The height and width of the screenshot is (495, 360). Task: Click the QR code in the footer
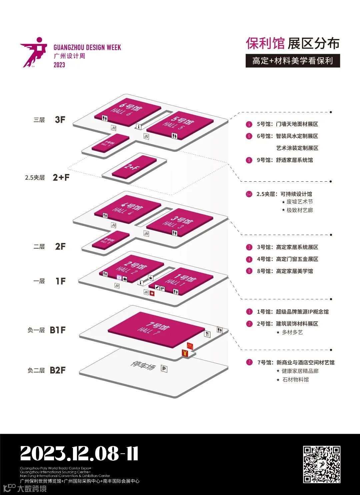tap(321, 464)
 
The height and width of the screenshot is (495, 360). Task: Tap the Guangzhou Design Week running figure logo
tap(33, 52)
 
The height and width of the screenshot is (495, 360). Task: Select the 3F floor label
tap(60, 120)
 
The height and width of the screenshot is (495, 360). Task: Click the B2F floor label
tap(58, 370)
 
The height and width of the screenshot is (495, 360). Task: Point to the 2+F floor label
tap(61, 177)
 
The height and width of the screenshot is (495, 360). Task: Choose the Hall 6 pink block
tap(127, 111)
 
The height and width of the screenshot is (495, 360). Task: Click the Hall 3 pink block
tap(180, 222)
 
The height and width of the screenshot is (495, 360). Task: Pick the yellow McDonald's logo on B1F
tap(190, 346)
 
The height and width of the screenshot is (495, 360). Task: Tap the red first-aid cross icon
tap(152, 293)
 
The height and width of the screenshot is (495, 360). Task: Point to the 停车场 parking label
tap(143, 366)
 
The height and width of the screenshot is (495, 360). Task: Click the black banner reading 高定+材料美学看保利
tap(293, 61)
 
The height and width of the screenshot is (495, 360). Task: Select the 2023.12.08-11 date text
tap(79, 454)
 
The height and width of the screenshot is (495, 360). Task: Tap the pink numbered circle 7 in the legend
tap(249, 362)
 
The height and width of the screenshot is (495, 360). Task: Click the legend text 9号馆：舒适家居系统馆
tap(285, 160)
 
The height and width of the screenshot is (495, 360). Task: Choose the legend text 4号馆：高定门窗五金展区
tap(287, 259)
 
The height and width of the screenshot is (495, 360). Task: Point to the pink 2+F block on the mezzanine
tap(134, 166)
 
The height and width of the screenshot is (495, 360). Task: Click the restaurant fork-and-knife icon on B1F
tap(207, 334)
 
